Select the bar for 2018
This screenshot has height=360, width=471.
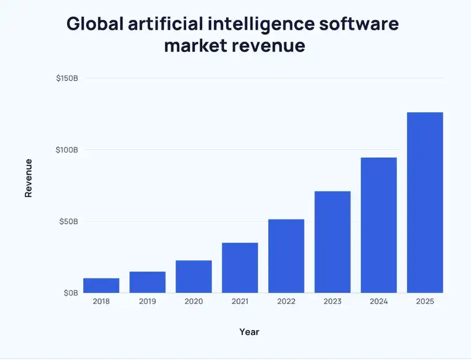[101, 286]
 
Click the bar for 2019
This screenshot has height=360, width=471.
[148, 282]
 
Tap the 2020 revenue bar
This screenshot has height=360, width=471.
[193, 276]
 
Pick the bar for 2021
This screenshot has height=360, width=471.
[240, 267]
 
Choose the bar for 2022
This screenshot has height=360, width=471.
[286, 256]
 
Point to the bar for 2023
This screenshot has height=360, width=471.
[332, 242]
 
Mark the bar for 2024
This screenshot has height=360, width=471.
[378, 225]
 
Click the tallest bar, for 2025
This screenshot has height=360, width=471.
[425, 202]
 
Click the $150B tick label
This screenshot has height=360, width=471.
[67, 79]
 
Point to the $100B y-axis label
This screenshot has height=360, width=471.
[67, 150]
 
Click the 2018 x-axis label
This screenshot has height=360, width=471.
[101, 302]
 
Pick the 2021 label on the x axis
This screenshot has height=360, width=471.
[240, 302]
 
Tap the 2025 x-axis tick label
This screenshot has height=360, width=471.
[425, 302]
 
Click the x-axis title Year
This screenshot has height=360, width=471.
[249, 331]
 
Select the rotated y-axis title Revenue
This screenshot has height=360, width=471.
[29, 178]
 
